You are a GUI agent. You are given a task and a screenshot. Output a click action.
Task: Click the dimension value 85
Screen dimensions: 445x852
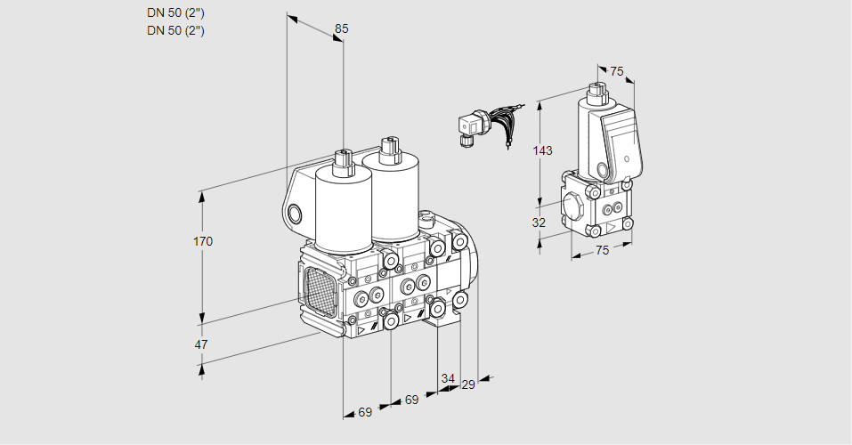(341, 28)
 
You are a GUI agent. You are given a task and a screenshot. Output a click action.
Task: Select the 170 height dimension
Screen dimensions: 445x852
(204, 241)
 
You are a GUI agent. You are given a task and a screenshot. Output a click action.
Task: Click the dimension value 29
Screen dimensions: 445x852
(468, 384)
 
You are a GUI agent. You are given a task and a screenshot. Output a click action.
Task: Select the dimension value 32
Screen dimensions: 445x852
(539, 222)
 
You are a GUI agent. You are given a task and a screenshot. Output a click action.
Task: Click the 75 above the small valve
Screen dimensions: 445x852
(617, 72)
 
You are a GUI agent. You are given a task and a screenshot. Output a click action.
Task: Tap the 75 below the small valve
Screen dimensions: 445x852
(602, 251)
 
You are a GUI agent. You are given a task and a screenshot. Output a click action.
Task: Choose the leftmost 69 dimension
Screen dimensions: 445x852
(365, 412)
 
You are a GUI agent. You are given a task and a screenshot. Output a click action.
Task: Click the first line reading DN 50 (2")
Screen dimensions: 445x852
(176, 12)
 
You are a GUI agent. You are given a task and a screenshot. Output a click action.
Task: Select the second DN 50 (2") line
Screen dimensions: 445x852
(176, 30)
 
